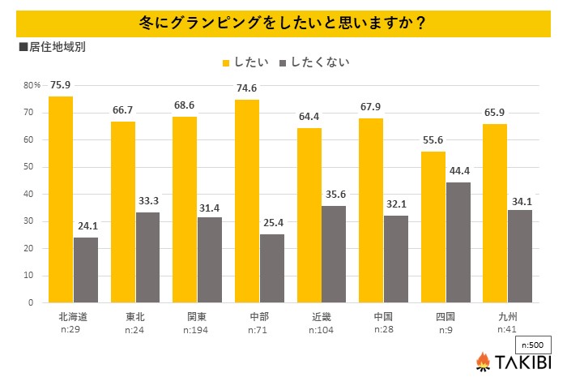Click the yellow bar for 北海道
point(61,199)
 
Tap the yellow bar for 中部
point(247,201)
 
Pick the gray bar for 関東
point(210,259)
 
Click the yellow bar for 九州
point(496,213)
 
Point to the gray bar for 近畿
point(334,254)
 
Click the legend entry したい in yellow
point(241,62)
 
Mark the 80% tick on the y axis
point(32,85)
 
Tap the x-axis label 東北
point(123,317)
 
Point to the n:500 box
point(533,343)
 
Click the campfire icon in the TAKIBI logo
point(483,361)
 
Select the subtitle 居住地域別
point(56,46)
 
